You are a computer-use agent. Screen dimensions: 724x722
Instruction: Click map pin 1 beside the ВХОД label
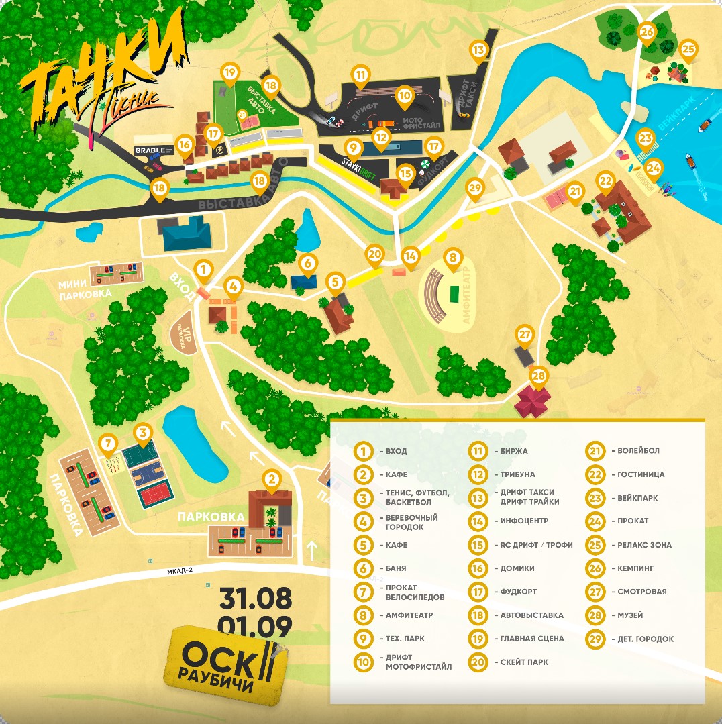204,270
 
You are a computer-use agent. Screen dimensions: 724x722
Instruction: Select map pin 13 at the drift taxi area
478,50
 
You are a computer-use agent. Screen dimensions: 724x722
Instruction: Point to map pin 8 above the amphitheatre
453,257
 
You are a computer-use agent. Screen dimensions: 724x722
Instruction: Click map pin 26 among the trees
647,32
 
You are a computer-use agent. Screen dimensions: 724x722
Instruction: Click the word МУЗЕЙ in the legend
627,615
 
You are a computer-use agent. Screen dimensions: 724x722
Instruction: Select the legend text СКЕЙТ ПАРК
524,662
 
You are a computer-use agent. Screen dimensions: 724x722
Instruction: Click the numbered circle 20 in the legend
478,662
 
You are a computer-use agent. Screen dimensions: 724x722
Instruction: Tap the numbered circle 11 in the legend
478,451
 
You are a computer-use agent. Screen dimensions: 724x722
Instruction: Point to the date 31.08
255,595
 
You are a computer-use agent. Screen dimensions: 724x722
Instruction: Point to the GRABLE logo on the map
154,149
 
